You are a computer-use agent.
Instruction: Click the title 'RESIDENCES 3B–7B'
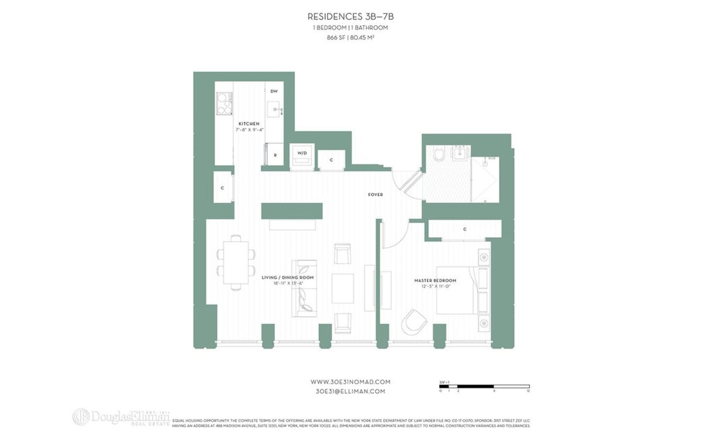[x=350, y=16]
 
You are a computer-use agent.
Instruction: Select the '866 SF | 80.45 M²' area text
[x=350, y=38]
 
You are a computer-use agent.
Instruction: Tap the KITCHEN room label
[x=249, y=124]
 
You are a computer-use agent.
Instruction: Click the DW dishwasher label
[x=273, y=91]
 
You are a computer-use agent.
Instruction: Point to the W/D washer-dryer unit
[x=302, y=156]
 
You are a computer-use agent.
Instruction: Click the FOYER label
[x=375, y=194]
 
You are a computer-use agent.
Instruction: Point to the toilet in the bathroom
[x=439, y=155]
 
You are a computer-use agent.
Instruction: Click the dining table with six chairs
[x=236, y=262]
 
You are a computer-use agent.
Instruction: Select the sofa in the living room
[x=304, y=289]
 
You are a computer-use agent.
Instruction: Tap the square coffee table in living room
[x=342, y=288]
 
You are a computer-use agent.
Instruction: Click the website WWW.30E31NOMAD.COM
[x=350, y=382]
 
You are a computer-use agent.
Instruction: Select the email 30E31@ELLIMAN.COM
[x=350, y=392]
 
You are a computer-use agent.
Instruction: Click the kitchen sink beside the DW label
[x=274, y=109]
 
